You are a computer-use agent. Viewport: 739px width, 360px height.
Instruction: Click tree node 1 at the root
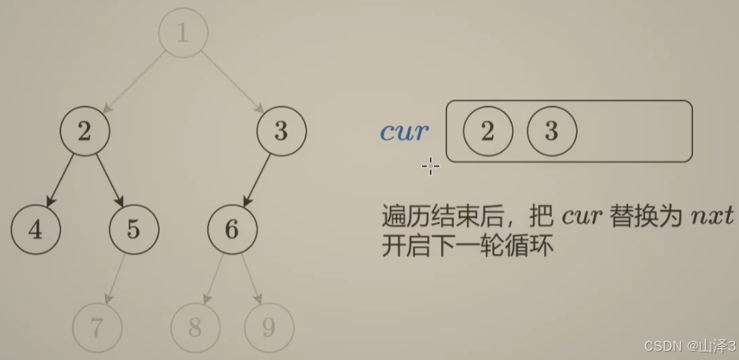pyautogui.click(x=183, y=34)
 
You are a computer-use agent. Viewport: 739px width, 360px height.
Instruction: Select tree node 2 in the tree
pyautogui.click(x=85, y=131)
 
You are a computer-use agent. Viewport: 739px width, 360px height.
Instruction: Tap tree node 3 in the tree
pyautogui.click(x=281, y=131)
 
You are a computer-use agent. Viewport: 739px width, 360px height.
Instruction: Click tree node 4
pyautogui.click(x=36, y=229)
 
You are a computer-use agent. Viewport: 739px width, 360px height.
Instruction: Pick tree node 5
pyautogui.click(x=134, y=229)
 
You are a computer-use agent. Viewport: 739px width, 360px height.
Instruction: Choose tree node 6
pyautogui.click(x=232, y=229)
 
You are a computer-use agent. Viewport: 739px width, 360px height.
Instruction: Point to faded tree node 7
pyautogui.click(x=97, y=327)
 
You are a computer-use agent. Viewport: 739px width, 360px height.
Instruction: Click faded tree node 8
pyautogui.click(x=195, y=327)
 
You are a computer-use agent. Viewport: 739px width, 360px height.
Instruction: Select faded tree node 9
pyautogui.click(x=269, y=327)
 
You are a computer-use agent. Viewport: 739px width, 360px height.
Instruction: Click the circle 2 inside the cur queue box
pyautogui.click(x=488, y=131)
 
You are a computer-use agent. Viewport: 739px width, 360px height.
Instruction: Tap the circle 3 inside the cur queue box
pyautogui.click(x=552, y=131)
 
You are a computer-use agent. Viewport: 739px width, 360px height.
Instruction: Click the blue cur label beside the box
pyautogui.click(x=404, y=131)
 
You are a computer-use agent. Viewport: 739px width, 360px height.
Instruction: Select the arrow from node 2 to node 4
pyautogui.click(x=60, y=180)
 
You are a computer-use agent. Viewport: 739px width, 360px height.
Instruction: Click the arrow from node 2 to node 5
pyautogui.click(x=109, y=180)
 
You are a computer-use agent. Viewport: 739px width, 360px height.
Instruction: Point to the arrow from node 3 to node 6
pyautogui.click(x=257, y=180)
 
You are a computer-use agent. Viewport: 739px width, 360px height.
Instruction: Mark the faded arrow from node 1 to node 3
pyautogui.click(x=232, y=83)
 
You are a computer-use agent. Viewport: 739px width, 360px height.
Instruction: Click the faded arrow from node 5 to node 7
pyautogui.click(x=115, y=278)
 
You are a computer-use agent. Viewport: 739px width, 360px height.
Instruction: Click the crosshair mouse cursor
pyautogui.click(x=430, y=166)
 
